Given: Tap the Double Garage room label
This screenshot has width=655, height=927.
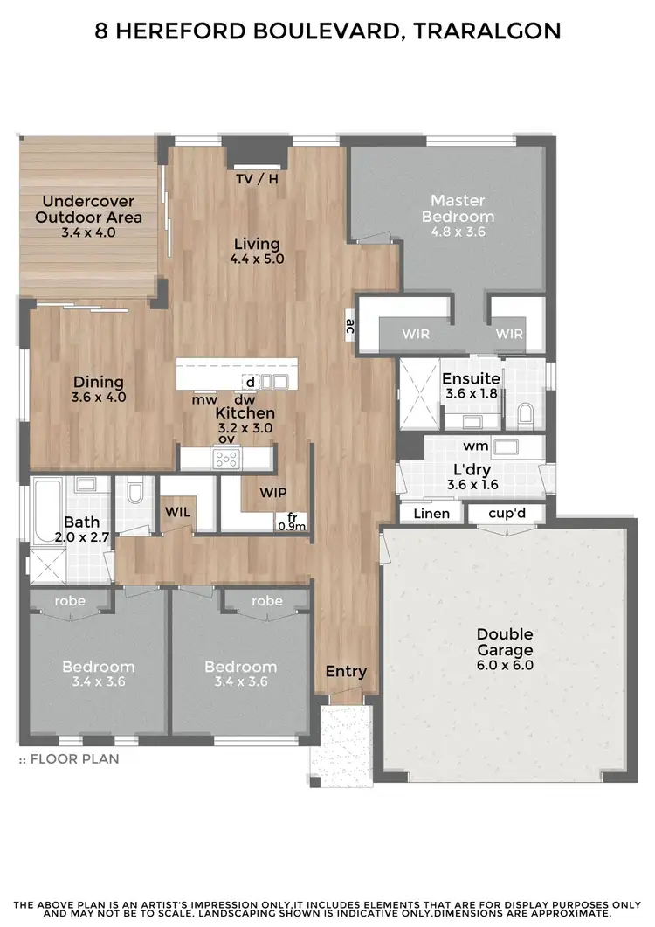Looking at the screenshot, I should click(504, 642).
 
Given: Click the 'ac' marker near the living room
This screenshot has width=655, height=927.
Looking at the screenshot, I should click(349, 326).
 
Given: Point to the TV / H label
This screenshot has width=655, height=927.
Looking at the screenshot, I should click(257, 179).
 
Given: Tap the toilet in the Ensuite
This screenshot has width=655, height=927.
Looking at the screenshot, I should click(525, 414).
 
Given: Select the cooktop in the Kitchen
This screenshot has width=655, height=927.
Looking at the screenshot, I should click(227, 457).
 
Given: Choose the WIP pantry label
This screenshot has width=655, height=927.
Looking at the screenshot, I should click(272, 493).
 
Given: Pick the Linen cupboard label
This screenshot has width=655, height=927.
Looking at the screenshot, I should click(431, 514).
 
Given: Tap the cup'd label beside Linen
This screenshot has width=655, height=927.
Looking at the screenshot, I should click(506, 514).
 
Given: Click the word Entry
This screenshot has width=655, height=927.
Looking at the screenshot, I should click(346, 671).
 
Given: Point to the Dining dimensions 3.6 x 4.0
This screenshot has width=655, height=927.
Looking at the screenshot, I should click(98, 397).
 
